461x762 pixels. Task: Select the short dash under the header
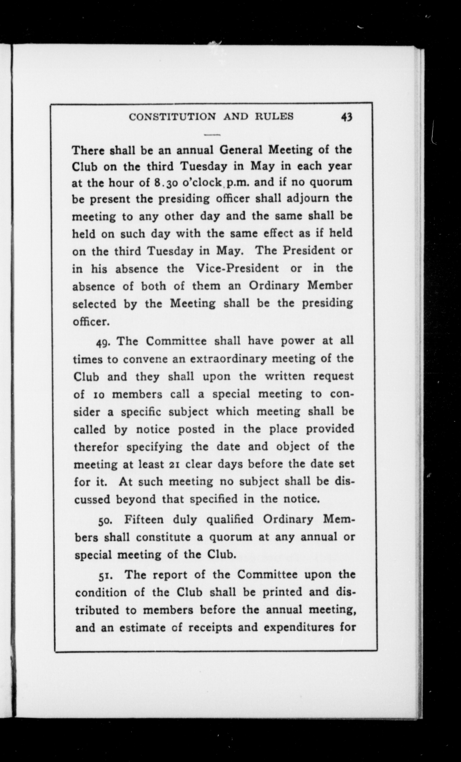point(212,135)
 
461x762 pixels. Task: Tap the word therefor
point(96,447)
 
